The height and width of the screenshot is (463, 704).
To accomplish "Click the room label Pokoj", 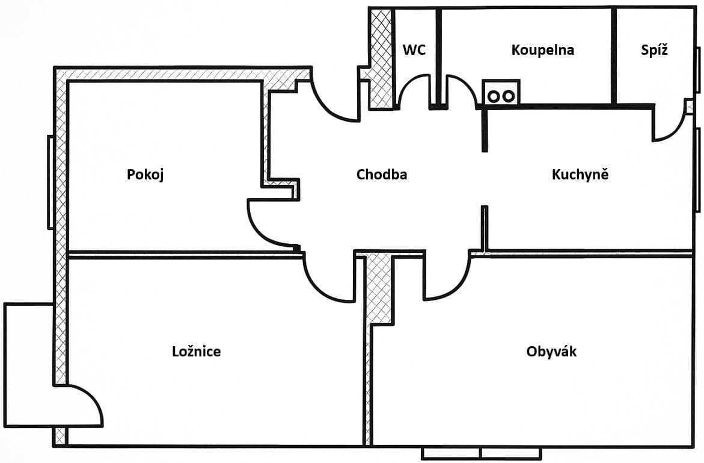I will click(145, 175).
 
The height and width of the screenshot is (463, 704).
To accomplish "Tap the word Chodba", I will click(381, 175).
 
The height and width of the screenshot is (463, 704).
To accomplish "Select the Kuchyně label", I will click(580, 175).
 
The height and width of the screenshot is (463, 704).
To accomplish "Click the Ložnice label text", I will click(196, 352).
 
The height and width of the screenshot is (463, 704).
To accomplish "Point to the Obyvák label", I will click(551, 352).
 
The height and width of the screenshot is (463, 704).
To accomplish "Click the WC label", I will click(414, 50).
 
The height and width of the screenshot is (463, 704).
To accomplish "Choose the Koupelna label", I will click(542, 50).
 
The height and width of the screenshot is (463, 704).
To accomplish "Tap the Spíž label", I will click(654, 50).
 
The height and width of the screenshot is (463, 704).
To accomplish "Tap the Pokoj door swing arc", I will click(268, 225).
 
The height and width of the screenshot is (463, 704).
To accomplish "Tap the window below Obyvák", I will click(481, 453).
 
